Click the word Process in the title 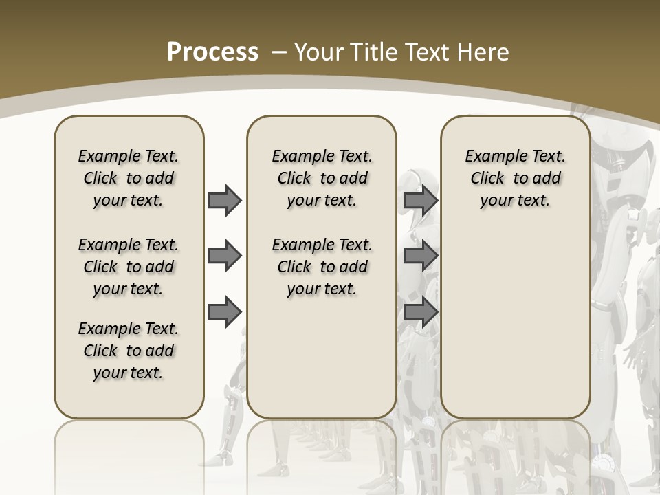tap(212, 52)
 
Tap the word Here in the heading tap(483, 52)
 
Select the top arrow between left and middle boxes tap(225, 201)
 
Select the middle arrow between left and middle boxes tap(225, 256)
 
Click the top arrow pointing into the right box tap(421, 201)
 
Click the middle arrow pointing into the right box tap(421, 256)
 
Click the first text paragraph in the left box tap(129, 178)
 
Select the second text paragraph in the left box tap(129, 267)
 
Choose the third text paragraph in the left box tap(129, 351)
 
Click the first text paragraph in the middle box tap(322, 178)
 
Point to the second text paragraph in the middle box tap(322, 267)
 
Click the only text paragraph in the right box tap(515, 178)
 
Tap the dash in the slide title tap(280, 52)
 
